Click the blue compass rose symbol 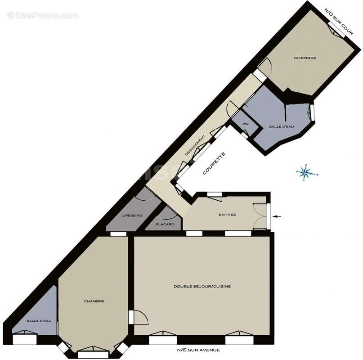[x=306, y=172]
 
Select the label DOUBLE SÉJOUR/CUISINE [x=202, y=286]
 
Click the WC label [x=246, y=124]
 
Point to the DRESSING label [x=132, y=216]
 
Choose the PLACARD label [x=165, y=224]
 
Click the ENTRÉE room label [x=227, y=215]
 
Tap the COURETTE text [x=214, y=164]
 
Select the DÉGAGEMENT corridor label [x=196, y=145]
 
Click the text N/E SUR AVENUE [x=198, y=350]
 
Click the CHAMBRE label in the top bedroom [x=305, y=58]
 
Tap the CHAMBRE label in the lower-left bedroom [x=94, y=301]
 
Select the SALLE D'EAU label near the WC [x=281, y=127]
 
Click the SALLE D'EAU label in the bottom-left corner [x=39, y=320]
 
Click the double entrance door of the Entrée [x=260, y=216]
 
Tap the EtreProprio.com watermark [x=43, y=16]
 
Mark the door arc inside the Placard [x=170, y=214]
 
